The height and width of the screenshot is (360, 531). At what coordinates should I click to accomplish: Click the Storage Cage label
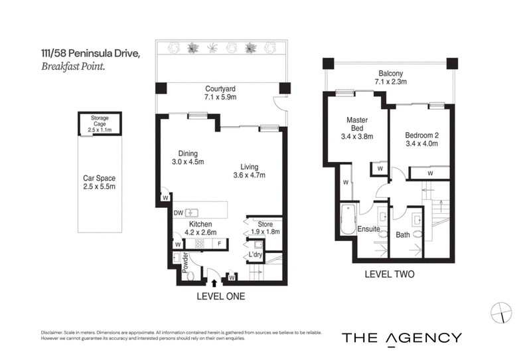click(100, 124)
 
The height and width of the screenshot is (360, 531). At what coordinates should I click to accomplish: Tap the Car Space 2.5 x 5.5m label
click(99, 183)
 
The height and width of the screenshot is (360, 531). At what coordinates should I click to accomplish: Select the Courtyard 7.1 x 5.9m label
click(220, 93)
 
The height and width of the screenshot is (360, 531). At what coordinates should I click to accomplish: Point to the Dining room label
click(188, 157)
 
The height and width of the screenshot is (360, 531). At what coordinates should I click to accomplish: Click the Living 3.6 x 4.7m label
click(250, 171)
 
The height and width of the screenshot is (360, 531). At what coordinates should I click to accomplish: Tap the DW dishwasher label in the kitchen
click(178, 213)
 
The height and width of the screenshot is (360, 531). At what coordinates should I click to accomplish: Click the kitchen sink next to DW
click(191, 213)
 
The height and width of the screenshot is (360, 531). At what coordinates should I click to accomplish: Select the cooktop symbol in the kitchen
click(199, 243)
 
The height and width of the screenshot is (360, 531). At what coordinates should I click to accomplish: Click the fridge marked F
click(220, 243)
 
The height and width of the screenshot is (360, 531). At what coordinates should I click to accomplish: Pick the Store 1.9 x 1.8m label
click(265, 228)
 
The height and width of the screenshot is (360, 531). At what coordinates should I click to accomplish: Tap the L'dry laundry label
click(256, 254)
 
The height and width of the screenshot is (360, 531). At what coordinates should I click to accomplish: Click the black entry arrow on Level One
click(214, 283)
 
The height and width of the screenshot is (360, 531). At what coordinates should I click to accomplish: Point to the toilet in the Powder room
click(190, 276)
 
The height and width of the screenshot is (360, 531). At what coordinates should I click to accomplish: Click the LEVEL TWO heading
click(390, 274)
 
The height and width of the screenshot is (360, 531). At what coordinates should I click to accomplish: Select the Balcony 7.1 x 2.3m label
click(391, 77)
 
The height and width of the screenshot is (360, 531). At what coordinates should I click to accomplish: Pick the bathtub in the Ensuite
click(348, 219)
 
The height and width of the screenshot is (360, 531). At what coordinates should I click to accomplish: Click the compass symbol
click(501, 313)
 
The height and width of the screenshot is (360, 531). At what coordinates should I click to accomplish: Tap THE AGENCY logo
click(402, 338)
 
